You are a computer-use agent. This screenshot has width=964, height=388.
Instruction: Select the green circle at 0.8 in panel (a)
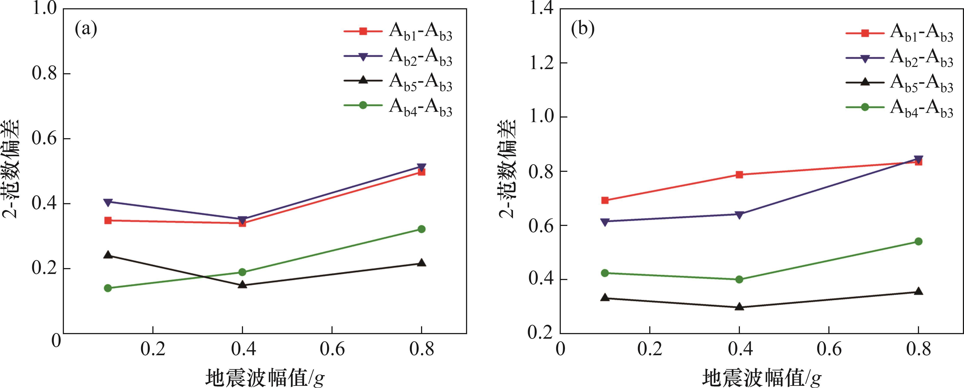(421, 229)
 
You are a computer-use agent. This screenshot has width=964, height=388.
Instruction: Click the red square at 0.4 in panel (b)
(739, 175)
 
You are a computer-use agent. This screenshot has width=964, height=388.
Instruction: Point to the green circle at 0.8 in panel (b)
(918, 241)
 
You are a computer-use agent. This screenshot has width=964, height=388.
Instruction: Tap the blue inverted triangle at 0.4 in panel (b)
(739, 215)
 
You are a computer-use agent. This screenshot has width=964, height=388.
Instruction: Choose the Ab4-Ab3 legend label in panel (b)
(921, 108)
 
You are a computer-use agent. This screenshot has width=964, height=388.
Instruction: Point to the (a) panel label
(86, 29)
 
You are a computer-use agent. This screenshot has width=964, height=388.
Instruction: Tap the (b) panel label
(583, 29)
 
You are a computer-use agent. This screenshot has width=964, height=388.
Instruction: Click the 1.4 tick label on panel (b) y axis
(540, 9)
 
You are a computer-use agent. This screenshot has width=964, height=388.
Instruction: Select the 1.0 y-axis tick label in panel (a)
(44, 9)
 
